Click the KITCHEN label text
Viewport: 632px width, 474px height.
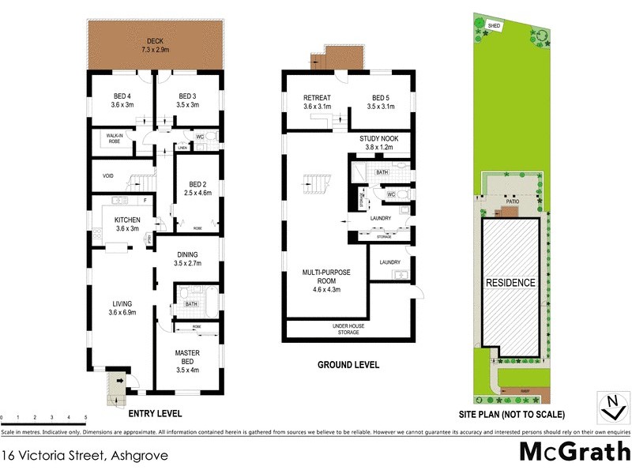(128, 220)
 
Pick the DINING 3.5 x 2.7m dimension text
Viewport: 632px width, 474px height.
(187, 264)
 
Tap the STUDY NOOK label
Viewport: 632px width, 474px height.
(378, 138)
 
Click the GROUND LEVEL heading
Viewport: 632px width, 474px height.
(348, 365)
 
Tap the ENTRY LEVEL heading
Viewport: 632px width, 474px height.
(155, 413)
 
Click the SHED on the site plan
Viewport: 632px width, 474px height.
(494, 26)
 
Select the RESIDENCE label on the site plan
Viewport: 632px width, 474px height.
(510, 283)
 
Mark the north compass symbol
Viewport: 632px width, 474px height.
(611, 408)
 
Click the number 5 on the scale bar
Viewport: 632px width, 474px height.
(85, 416)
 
